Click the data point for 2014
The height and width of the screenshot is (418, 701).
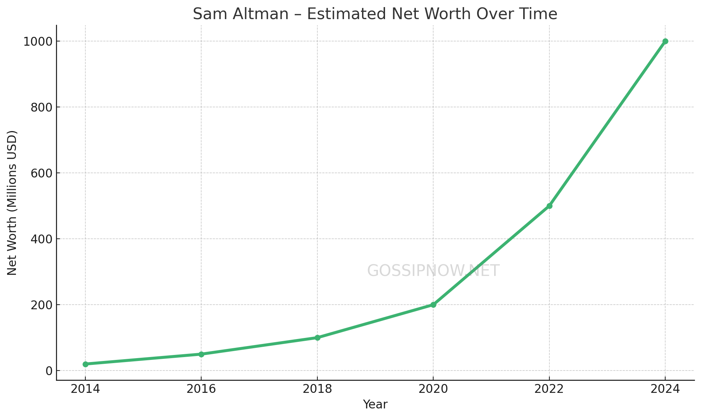click(x=85, y=364)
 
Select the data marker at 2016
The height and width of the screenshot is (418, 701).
click(x=201, y=354)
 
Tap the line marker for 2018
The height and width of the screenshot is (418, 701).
click(x=317, y=338)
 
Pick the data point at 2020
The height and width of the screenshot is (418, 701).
click(x=433, y=305)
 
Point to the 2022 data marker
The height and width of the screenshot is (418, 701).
click(x=549, y=206)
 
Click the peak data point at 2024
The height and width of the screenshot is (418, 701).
click(x=665, y=41)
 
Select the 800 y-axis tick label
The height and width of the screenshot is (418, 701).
click(x=41, y=108)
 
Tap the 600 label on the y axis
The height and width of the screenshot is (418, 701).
click(x=41, y=173)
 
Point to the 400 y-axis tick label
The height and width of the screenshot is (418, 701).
click(x=41, y=239)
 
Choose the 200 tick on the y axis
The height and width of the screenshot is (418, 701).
click(x=41, y=305)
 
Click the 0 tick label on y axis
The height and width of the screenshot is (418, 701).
click(x=49, y=371)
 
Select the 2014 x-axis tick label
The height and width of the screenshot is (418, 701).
click(x=85, y=389)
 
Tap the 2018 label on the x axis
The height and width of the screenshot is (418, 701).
click(x=317, y=389)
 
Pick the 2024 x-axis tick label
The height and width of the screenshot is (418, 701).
click(x=665, y=389)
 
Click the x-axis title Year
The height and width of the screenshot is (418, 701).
click(x=375, y=405)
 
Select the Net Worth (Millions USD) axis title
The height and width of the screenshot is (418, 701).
click(x=12, y=203)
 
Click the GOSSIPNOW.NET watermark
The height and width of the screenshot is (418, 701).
click(x=433, y=271)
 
